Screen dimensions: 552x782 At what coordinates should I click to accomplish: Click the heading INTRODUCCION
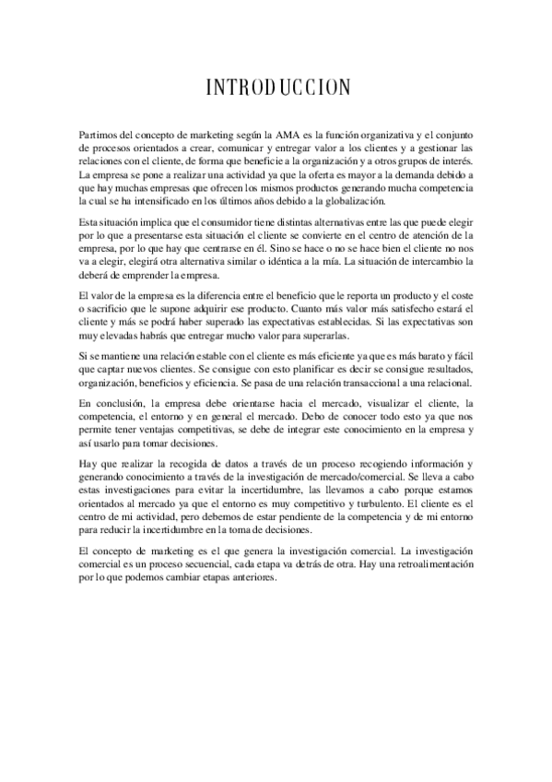[276, 89]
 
